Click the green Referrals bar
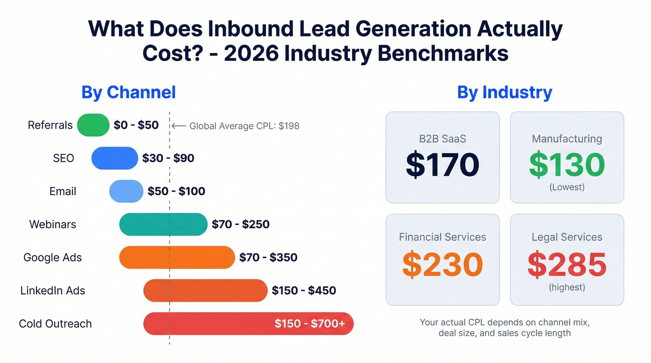pyautogui.click(x=93, y=125)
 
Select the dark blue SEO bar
pyautogui.click(x=115, y=158)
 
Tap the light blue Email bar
pyautogui.click(x=126, y=191)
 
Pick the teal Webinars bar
pyautogui.click(x=163, y=224)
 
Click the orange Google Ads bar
pyautogui.click(x=177, y=257)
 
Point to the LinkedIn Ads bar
pyautogui.click(x=205, y=290)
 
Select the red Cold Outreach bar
pyautogui.click(x=209, y=323)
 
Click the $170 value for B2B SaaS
pyautogui.click(x=442, y=165)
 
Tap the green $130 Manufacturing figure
pyautogui.click(x=567, y=165)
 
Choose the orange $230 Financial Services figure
pyautogui.click(x=442, y=264)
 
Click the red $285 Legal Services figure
pyautogui.click(x=567, y=264)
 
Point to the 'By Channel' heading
pyautogui.click(x=128, y=92)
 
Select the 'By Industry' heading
pyautogui.click(x=505, y=92)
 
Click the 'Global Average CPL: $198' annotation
pyautogui.click(x=244, y=125)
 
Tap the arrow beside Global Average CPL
pyautogui.click(x=179, y=125)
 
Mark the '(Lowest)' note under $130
pyautogui.click(x=567, y=187)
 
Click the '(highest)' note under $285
pyautogui.click(x=567, y=287)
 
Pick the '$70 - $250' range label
pyautogui.click(x=240, y=224)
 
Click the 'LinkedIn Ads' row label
pyautogui.click(x=53, y=290)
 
